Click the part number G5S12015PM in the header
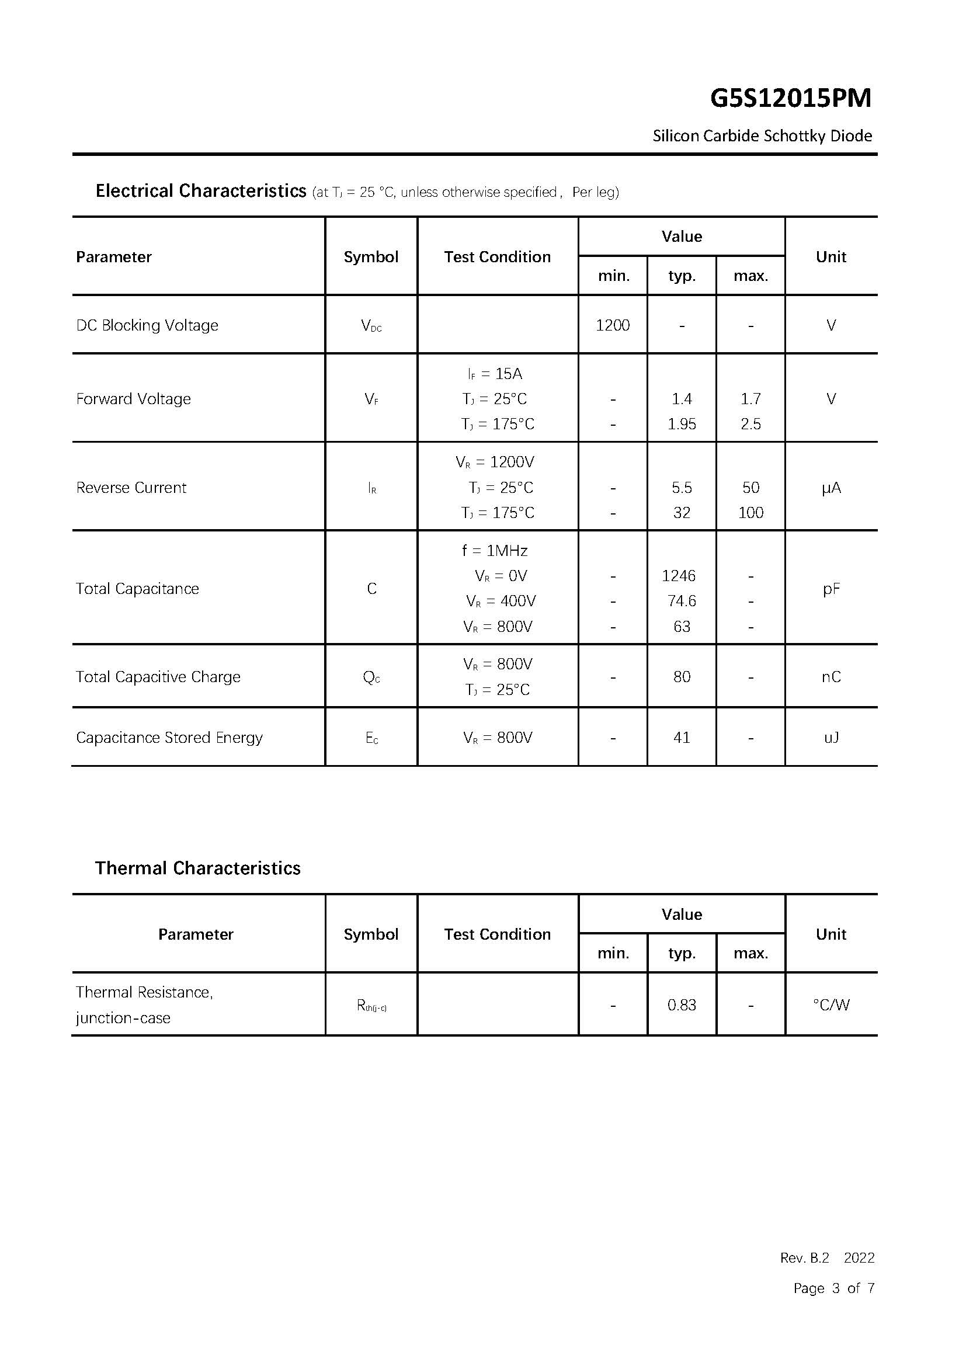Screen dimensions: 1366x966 coord(790,98)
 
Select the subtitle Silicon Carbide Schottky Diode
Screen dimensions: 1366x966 coord(762,136)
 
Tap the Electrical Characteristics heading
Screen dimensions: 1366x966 coord(200,191)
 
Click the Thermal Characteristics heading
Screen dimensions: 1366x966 coord(197,868)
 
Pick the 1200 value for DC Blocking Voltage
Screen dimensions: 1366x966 coord(612,325)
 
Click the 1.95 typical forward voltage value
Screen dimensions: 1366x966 coord(681,424)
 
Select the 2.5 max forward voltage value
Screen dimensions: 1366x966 coord(750,424)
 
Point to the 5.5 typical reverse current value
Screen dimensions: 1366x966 coord(681,488)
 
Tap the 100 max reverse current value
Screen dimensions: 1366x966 coord(750,513)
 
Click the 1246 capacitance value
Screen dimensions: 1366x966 coord(678,576)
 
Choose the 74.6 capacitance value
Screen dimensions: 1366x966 coord(681,601)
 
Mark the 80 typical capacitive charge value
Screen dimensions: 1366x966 coord(681,677)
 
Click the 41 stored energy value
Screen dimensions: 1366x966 coord(681,738)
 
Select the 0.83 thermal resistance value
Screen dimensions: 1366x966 coord(681,1006)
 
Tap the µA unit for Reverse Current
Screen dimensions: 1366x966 coord(831,488)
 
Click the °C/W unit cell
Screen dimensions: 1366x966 coord(831,1006)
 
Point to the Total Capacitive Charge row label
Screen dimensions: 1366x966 coord(158,677)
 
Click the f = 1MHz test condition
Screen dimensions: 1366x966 coord(494,551)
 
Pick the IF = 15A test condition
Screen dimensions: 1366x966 coord(494,374)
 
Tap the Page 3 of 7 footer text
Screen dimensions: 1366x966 coord(833,1288)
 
